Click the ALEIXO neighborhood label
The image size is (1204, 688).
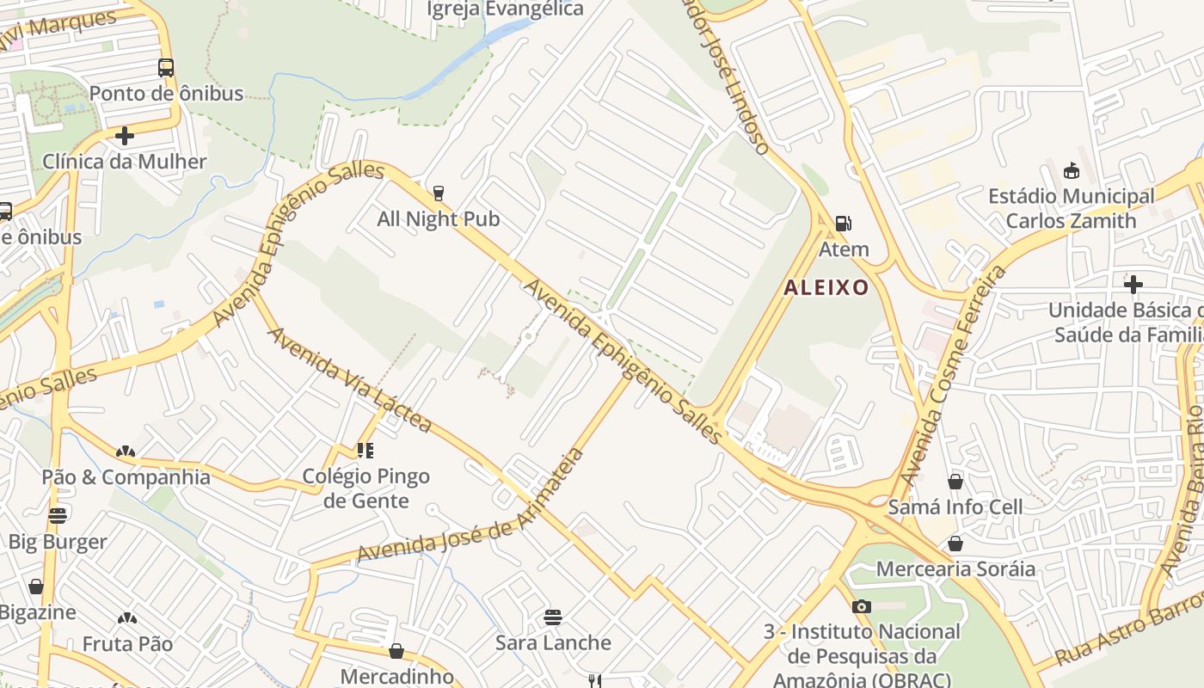pos(826,287)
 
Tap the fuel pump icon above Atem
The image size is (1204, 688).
pos(844,224)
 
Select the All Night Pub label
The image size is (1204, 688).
pos(438,219)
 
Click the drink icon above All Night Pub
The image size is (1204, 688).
pos(439,193)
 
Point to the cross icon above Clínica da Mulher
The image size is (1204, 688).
pos(125,136)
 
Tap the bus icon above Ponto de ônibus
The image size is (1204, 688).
pos(166,67)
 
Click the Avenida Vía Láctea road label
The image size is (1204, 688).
pos(351,379)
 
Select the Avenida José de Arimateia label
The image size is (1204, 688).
pos(471,507)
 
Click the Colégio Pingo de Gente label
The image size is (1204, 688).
pos(365,488)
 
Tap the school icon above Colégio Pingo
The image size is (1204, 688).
pos(365,450)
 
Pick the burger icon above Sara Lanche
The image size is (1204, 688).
pos(553,617)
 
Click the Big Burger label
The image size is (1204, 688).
pos(58,542)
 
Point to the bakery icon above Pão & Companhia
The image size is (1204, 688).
pos(126,451)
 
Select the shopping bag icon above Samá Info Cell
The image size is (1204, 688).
pos(955,481)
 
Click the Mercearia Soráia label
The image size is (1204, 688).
pos(955,569)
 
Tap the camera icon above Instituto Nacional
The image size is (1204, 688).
pos(862,606)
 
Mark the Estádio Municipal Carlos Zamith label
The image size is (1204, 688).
pos(1071,208)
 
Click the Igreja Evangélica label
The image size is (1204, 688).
pos(506,9)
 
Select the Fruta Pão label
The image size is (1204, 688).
pos(127,643)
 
